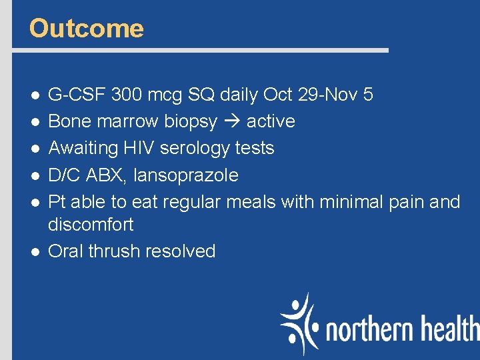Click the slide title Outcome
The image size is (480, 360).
pyautogui.click(x=87, y=29)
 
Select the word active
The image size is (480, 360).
pyautogui.click(x=271, y=121)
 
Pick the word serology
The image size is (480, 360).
pyautogui.click(x=205, y=149)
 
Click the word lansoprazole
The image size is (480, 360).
pyautogui.click(x=186, y=175)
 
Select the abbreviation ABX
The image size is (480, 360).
pyautogui.click(x=106, y=175)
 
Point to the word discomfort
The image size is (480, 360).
pyautogui.click(x=91, y=225)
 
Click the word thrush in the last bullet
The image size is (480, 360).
pyautogui.click(x=115, y=251)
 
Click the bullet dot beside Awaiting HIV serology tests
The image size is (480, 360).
pyautogui.click(x=33, y=149)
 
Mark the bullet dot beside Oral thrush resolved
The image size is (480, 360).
pyautogui.click(x=33, y=252)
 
